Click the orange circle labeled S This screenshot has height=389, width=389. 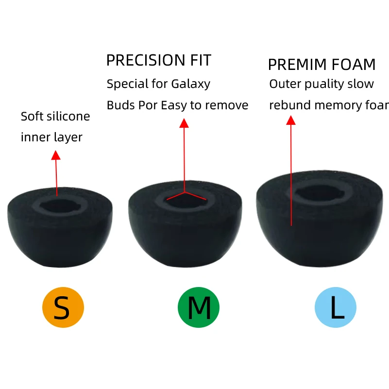click(63, 307)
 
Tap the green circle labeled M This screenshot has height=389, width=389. click(199, 307)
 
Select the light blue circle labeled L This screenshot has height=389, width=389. click(336, 307)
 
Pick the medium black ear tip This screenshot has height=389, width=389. click(185, 228)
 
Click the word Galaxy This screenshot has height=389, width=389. click(191, 84)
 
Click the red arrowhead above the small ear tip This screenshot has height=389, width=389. click(56, 155)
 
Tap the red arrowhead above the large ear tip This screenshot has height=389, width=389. click(290, 120)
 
